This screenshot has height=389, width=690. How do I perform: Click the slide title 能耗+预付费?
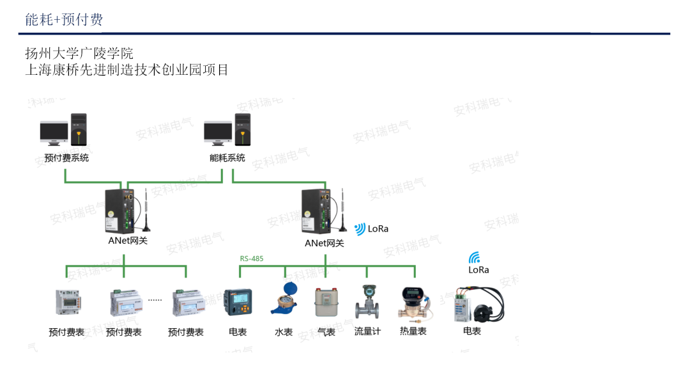pyautogui.click(x=64, y=20)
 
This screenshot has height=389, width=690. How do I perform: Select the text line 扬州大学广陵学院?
pyautogui.click(x=79, y=53)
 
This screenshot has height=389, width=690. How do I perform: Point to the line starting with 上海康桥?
pyautogui.click(x=126, y=70)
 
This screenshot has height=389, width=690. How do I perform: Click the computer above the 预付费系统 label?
pyautogui.click(x=63, y=132)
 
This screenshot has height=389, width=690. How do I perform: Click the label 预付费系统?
pyautogui.click(x=66, y=158)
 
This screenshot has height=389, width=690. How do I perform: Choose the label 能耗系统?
pyautogui.click(x=227, y=158)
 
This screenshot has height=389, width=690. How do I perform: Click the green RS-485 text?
pyautogui.click(x=252, y=258)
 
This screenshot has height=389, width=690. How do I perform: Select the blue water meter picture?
pyautogui.click(x=284, y=299)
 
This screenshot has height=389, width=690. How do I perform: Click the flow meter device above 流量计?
pyautogui.click(x=368, y=302)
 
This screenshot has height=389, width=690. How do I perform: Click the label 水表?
pyautogui.click(x=284, y=332)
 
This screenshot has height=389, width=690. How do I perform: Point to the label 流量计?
pyautogui.click(x=367, y=331)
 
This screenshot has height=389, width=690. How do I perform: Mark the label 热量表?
pyautogui.click(x=413, y=331)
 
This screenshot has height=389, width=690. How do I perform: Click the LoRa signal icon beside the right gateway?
pyautogui.click(x=360, y=228)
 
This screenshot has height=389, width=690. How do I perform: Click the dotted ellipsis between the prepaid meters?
pyautogui.click(x=155, y=299)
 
